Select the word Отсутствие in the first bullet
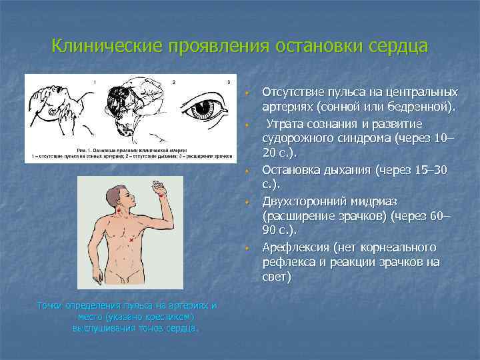point(293,91)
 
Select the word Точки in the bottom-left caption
point(50,305)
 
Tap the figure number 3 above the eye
point(228,82)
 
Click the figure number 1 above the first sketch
point(94,82)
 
